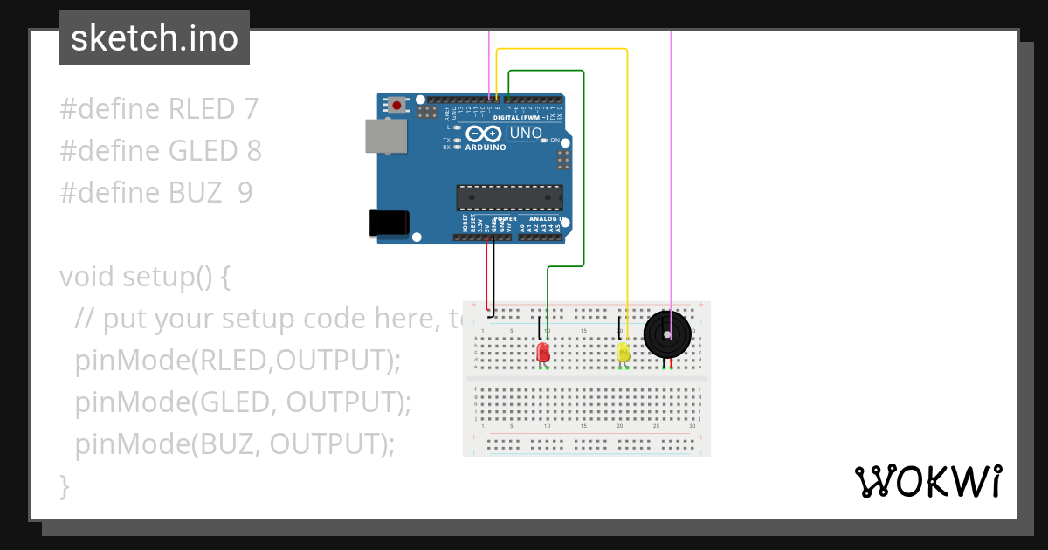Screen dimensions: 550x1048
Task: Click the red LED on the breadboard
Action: coord(542,353)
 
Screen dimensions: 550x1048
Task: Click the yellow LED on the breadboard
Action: coord(623,353)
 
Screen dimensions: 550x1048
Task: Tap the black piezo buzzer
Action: coord(667,334)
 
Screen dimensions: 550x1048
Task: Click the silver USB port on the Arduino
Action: coord(385,137)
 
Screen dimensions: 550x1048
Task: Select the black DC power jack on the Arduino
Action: coord(389,223)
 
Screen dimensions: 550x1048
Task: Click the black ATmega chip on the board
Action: coord(509,197)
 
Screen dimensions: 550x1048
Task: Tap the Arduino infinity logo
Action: coord(483,134)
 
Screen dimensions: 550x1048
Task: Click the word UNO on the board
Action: coord(526,134)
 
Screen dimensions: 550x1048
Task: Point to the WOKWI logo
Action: coord(927,481)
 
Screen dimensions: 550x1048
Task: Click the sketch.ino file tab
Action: coord(155,38)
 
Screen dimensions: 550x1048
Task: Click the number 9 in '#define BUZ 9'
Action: coord(245,193)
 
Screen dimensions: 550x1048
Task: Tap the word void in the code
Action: coord(87,277)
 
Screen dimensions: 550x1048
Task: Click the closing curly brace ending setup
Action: coord(64,485)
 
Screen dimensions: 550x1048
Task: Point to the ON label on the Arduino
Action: coord(555,140)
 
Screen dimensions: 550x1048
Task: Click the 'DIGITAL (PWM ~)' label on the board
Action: coord(521,117)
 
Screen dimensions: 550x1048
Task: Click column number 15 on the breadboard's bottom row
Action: coord(583,425)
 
